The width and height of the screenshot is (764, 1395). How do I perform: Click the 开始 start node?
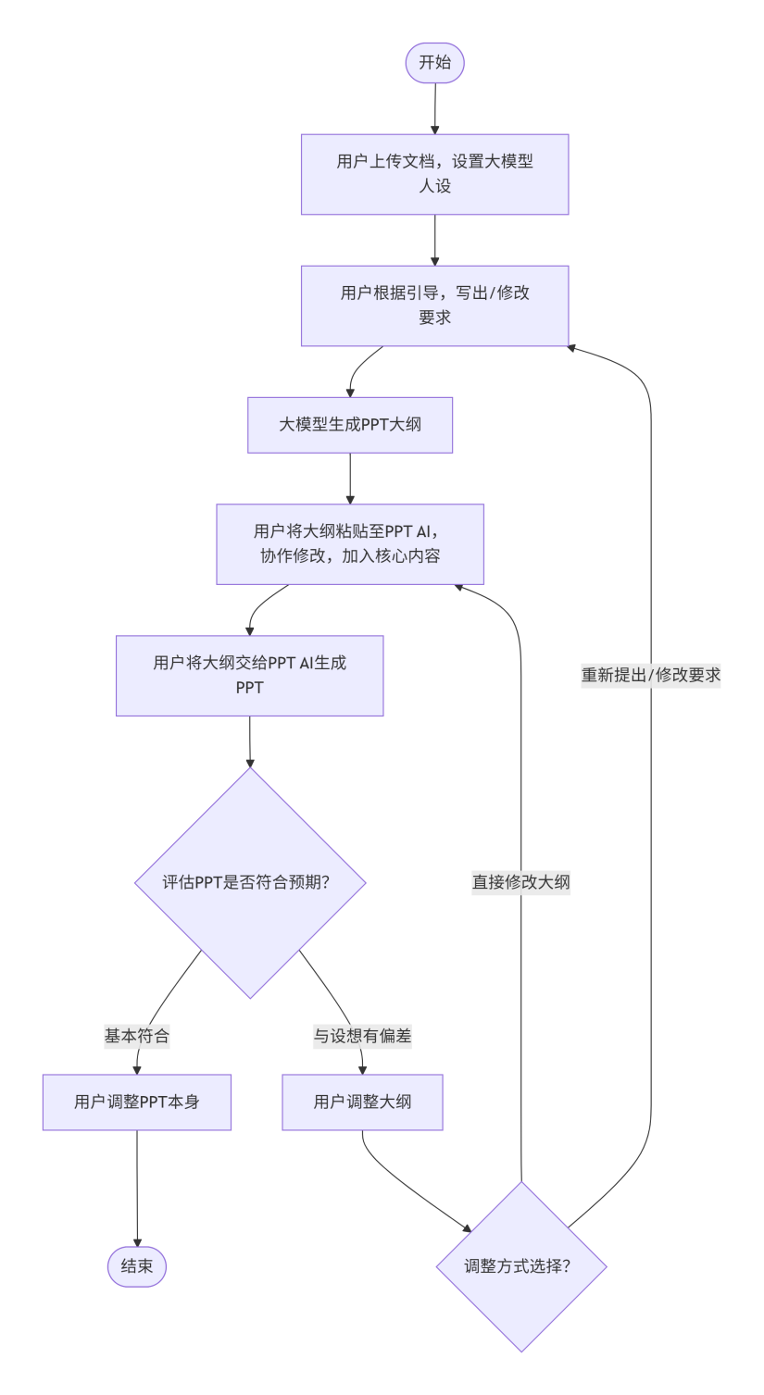434,63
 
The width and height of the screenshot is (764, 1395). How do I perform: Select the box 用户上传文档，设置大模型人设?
434,174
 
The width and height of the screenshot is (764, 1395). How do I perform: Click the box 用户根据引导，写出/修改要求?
434,305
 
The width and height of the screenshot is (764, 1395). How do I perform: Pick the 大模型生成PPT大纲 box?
350,425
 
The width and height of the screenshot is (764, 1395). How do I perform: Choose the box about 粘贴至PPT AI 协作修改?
350,544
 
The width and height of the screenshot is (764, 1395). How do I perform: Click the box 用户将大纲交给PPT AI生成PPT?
249,676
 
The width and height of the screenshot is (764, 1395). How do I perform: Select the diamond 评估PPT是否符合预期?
250,882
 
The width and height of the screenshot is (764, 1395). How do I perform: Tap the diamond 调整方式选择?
521,1266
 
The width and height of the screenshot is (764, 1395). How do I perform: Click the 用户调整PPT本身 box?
137,1102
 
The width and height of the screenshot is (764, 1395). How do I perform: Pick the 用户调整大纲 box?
362,1102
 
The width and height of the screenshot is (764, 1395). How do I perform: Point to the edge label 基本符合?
137,1036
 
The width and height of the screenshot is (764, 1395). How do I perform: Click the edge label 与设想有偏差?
362,1036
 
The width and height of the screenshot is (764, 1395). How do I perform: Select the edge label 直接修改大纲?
521,882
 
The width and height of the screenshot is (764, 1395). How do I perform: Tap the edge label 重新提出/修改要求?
651,676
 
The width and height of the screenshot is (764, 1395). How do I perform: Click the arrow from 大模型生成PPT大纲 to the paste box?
350,478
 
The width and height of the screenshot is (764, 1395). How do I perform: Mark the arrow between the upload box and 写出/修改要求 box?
434,240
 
